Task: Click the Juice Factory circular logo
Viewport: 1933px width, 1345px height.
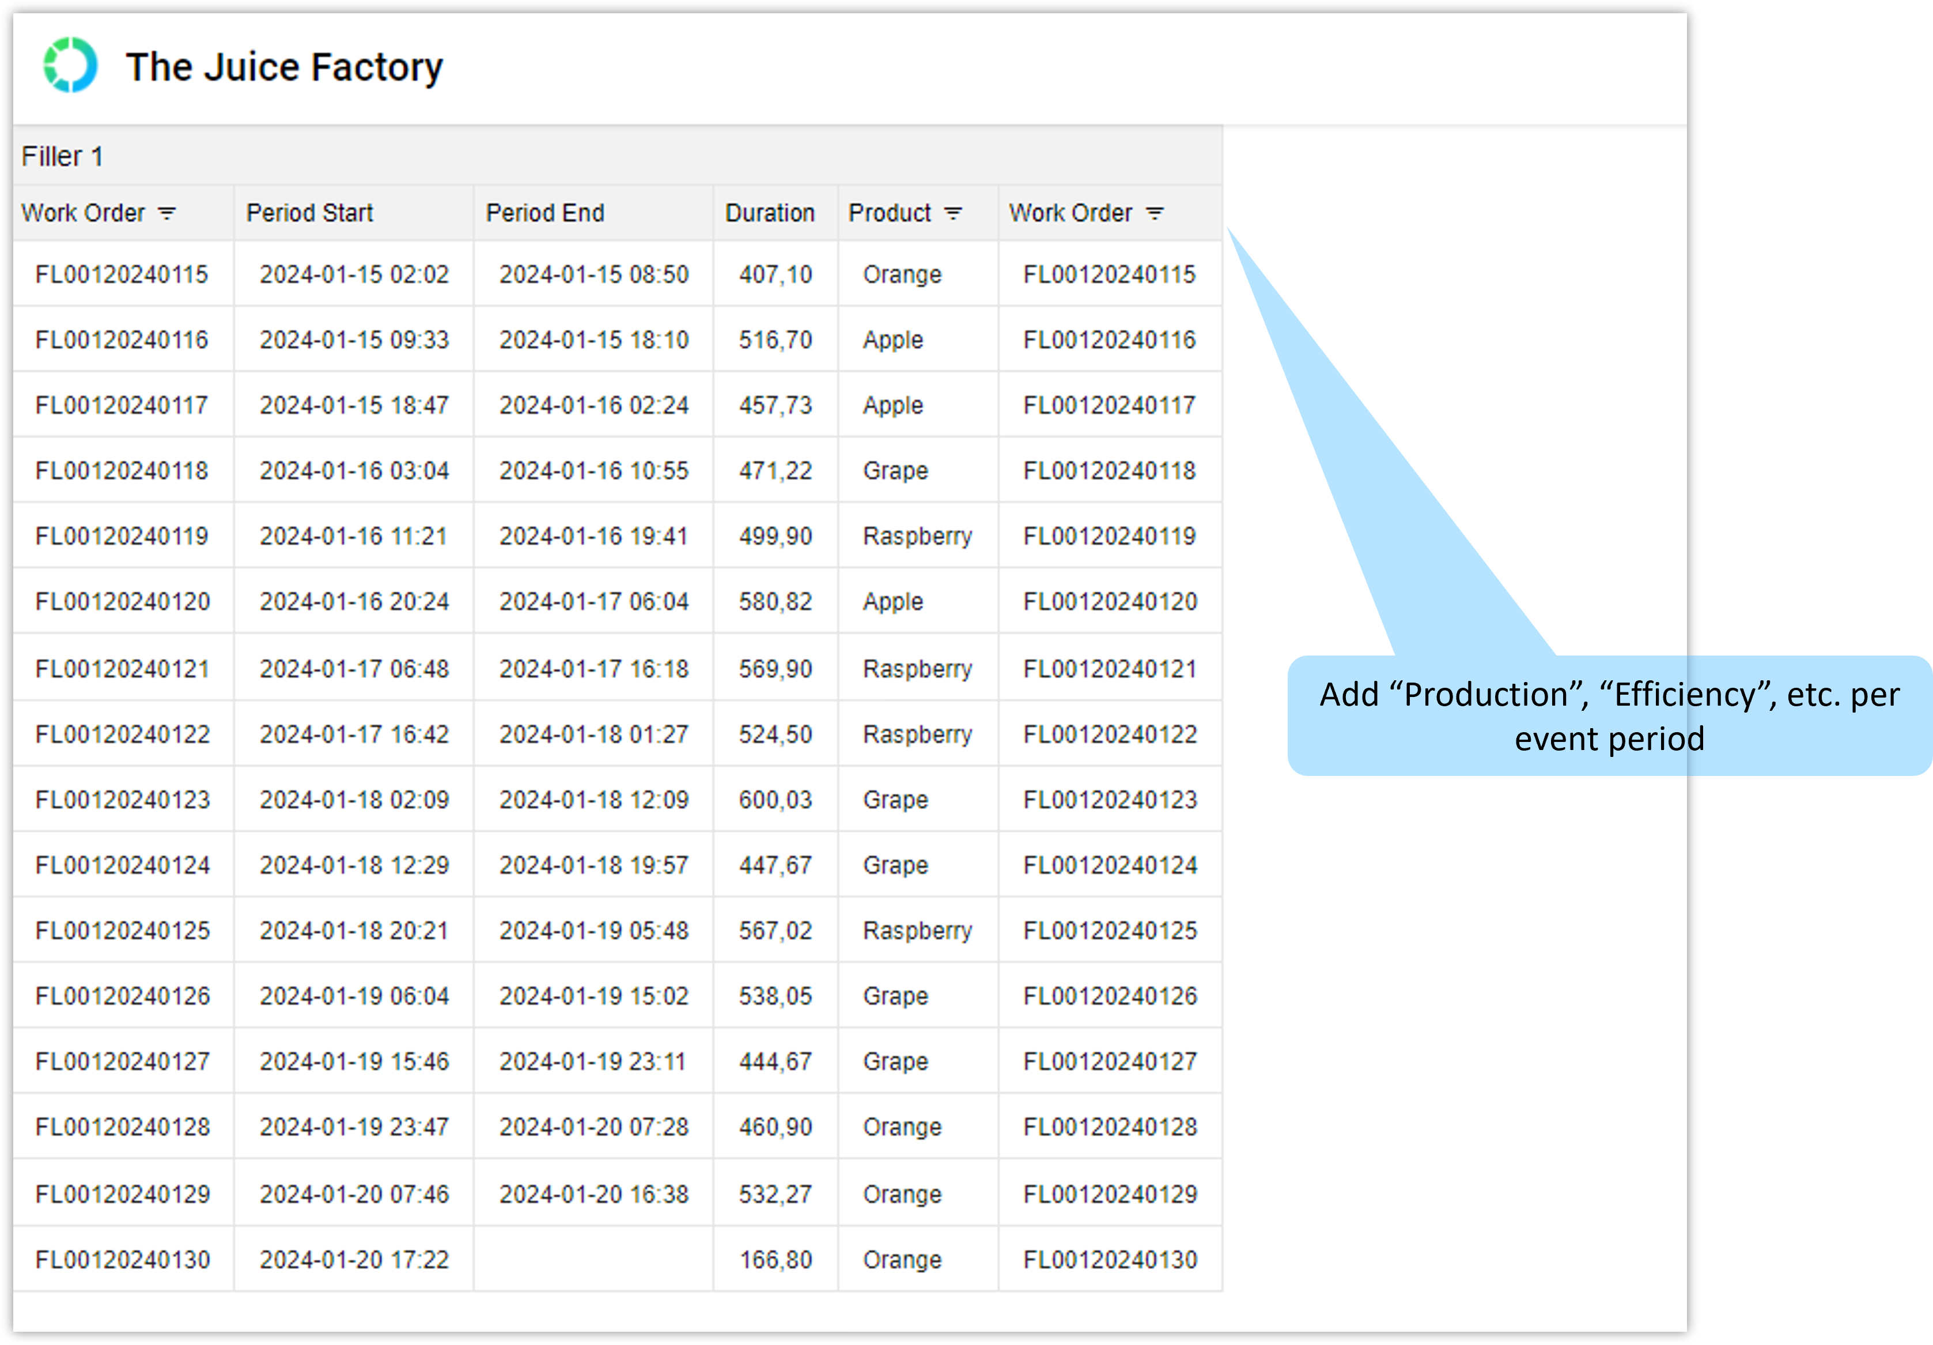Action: click(x=71, y=65)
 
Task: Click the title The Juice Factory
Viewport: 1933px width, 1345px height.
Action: click(x=285, y=67)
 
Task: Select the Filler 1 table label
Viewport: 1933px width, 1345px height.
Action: click(x=62, y=157)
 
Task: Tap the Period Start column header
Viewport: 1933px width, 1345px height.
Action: click(x=310, y=213)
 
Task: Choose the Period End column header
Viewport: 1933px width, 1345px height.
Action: click(x=546, y=213)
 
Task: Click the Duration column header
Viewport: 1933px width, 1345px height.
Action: click(x=770, y=213)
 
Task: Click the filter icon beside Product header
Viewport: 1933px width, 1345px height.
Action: click(x=953, y=214)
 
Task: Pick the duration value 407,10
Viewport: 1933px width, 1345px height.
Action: click(x=776, y=274)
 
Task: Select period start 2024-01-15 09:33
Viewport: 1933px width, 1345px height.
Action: click(x=354, y=340)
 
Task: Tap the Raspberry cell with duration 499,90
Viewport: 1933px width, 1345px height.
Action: click(x=918, y=537)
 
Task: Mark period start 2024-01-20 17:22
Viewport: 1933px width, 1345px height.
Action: click(x=354, y=1260)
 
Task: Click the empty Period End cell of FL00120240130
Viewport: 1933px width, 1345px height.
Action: click(x=593, y=1259)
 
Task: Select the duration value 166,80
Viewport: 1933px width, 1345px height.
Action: click(x=776, y=1260)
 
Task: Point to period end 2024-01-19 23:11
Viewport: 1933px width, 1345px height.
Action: click(x=593, y=1062)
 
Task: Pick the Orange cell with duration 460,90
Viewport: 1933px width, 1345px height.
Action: click(x=902, y=1128)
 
